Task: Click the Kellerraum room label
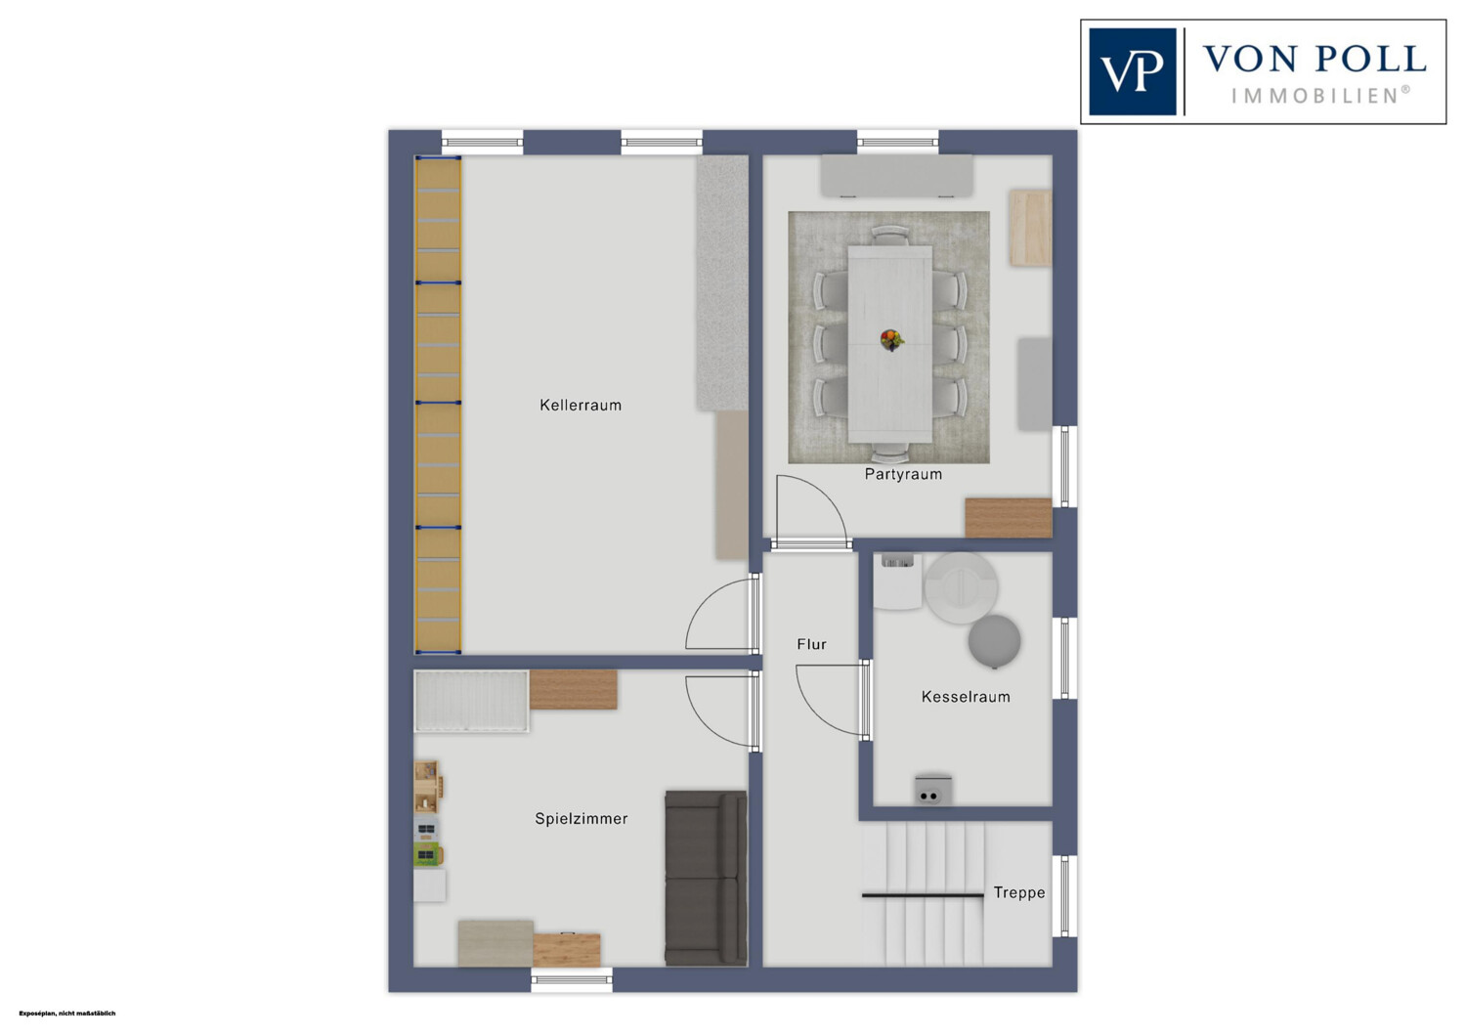coord(581,405)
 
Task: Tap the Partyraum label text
coord(903,474)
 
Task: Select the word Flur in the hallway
coord(811,644)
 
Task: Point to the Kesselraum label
coord(966,696)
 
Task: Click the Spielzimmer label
coord(582,819)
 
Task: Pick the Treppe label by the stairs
coord(1019,892)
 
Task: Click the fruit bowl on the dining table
coord(891,340)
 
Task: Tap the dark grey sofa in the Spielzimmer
coord(706,878)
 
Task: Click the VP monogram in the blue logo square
coord(1132,72)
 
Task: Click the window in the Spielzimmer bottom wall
coord(572,979)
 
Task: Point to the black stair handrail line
coord(923,894)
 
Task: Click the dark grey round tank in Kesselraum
coord(994,641)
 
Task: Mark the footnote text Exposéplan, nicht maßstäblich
coord(67,1014)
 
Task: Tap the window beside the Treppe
coord(1065,896)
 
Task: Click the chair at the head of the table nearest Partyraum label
coord(890,452)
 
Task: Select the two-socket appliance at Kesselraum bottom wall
coord(932,791)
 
